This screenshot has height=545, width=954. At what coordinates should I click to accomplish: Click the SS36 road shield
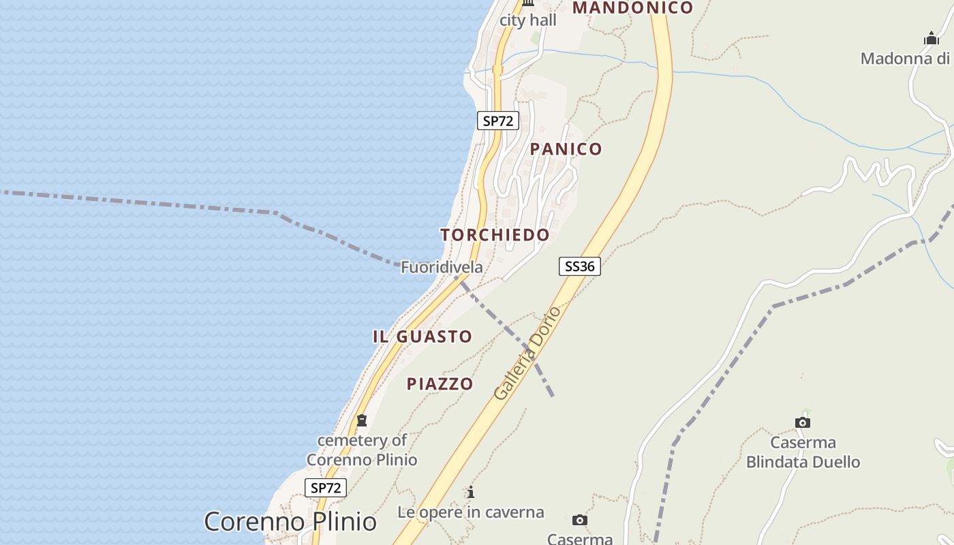click(x=579, y=266)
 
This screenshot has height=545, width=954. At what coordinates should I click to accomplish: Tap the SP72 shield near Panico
click(x=497, y=121)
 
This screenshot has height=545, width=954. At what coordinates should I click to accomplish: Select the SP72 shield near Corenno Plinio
click(x=325, y=488)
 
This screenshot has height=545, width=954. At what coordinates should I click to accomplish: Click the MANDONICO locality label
click(x=633, y=8)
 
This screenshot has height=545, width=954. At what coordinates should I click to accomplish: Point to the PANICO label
click(x=566, y=149)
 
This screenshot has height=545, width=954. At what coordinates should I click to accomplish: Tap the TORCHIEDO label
click(x=495, y=235)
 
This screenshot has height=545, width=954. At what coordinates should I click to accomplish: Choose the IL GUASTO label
click(x=422, y=337)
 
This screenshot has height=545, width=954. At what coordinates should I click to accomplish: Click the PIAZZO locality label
click(x=440, y=384)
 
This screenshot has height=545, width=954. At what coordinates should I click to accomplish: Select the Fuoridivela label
click(x=442, y=267)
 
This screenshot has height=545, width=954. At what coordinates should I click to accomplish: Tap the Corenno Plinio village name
click(x=290, y=522)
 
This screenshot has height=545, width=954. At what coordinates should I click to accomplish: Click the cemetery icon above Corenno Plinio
click(x=362, y=420)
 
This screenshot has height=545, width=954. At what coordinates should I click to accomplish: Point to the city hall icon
click(x=528, y=3)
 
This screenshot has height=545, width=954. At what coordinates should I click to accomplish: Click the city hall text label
click(x=528, y=20)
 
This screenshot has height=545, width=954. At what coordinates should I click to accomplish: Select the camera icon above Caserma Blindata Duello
click(x=803, y=422)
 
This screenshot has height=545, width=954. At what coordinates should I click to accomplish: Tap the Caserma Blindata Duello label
click(x=803, y=452)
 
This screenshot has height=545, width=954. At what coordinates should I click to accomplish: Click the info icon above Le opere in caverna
click(x=470, y=492)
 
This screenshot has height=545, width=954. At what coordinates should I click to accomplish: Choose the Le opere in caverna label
click(x=471, y=512)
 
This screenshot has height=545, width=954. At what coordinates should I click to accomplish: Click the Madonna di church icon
click(x=932, y=39)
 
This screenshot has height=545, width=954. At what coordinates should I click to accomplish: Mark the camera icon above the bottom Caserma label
click(x=580, y=520)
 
